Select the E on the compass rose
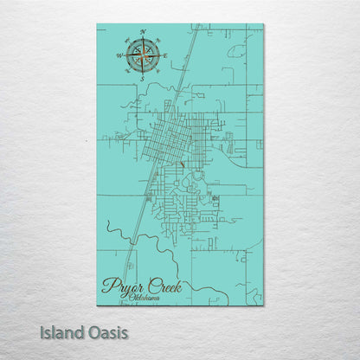[164, 55]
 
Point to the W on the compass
[119, 55]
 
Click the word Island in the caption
[65, 331]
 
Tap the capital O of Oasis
[93, 331]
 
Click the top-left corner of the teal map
[97, 24]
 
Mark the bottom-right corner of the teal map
[263, 305]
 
